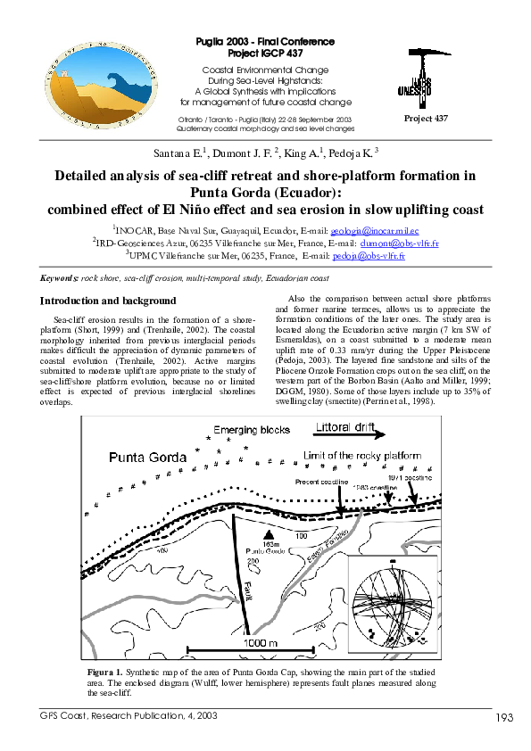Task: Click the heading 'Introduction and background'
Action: [x=109, y=301]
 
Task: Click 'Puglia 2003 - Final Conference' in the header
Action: [x=265, y=42]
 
